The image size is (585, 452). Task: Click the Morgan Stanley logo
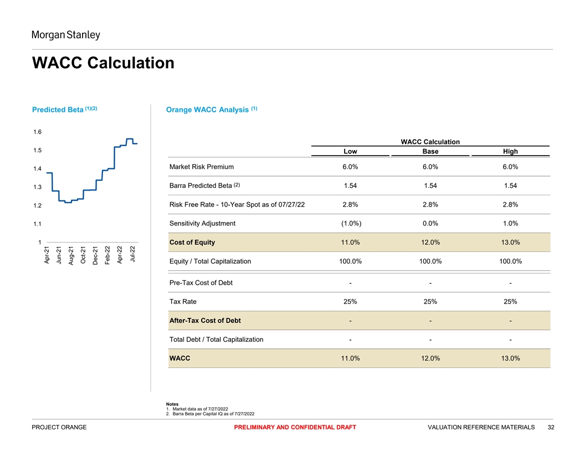click(x=65, y=35)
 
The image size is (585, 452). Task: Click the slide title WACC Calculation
click(x=103, y=63)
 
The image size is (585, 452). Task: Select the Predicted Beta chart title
click(x=65, y=110)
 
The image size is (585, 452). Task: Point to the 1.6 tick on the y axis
click(x=38, y=132)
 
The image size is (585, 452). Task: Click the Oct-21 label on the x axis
click(x=83, y=255)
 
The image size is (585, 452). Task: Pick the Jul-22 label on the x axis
click(x=132, y=254)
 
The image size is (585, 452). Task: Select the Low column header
click(x=350, y=151)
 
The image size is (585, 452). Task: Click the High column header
click(x=510, y=151)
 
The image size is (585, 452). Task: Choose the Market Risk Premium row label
click(x=202, y=167)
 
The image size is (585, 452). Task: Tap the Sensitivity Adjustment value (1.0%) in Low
click(x=350, y=224)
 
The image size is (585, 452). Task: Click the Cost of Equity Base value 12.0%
click(x=430, y=243)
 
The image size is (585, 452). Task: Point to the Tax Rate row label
click(x=183, y=302)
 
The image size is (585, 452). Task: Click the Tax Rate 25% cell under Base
click(x=430, y=302)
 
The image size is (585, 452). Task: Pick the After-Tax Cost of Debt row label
click(x=205, y=321)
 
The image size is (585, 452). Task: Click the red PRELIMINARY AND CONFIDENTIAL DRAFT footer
click(x=295, y=427)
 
